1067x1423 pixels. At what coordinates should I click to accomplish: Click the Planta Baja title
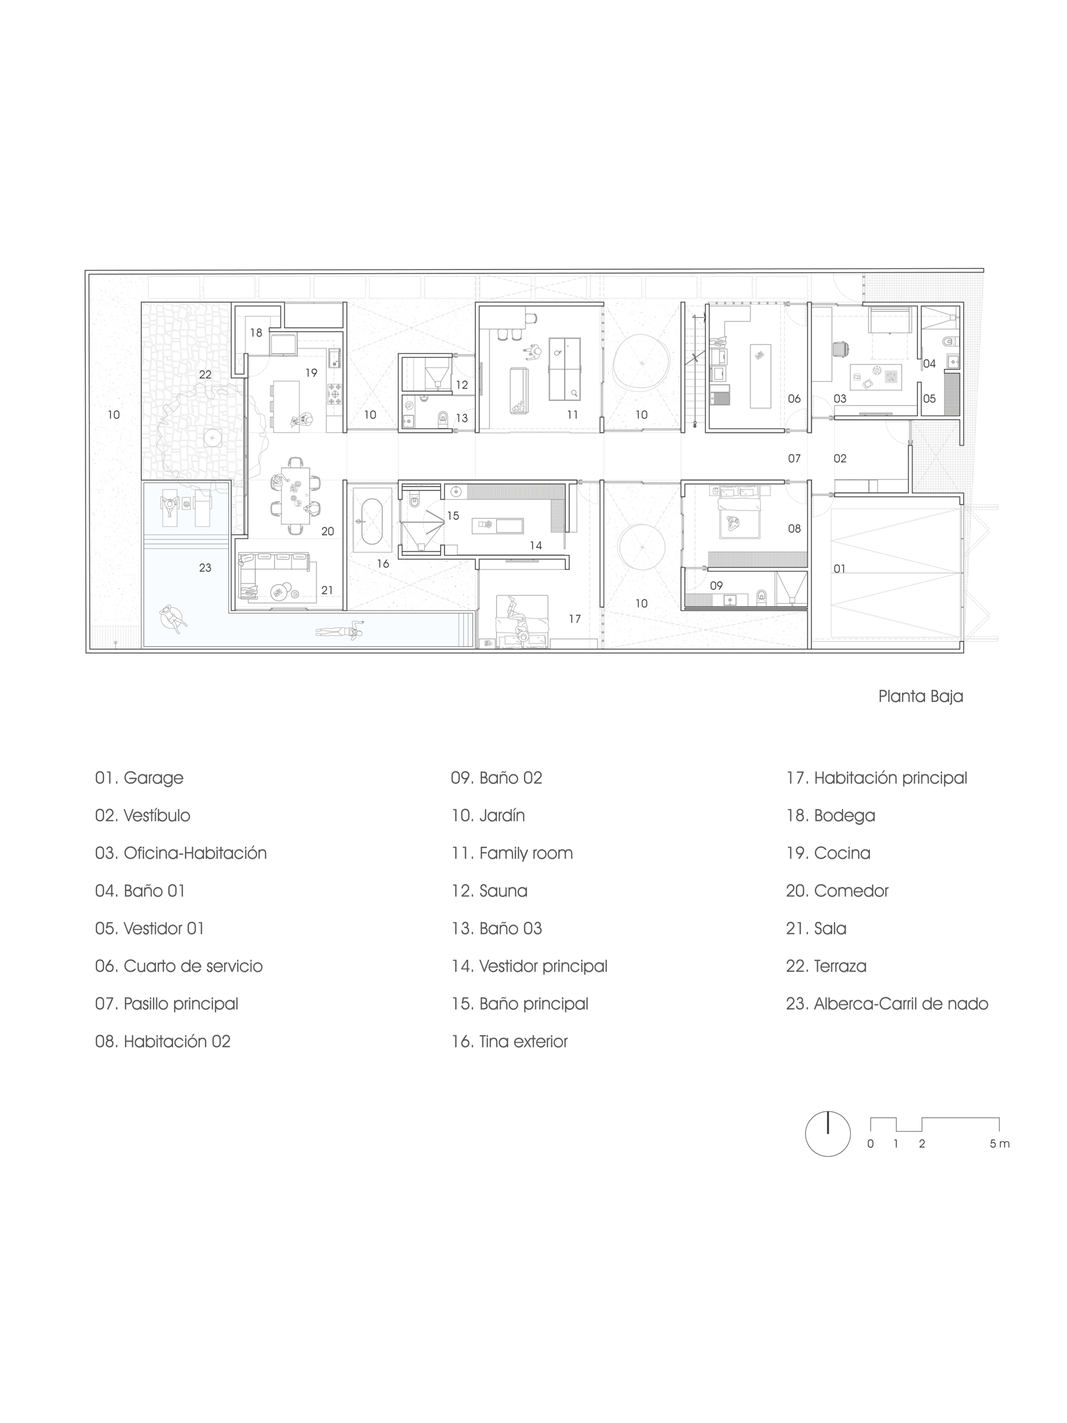tap(920, 696)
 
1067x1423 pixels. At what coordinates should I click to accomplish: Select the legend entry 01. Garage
tap(139, 778)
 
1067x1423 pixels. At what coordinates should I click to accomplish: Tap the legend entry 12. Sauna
tap(489, 891)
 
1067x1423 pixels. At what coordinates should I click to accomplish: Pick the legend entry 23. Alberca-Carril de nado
tap(887, 1003)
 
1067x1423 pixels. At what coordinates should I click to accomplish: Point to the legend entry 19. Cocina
tap(827, 853)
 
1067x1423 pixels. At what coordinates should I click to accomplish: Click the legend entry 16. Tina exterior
tap(510, 1042)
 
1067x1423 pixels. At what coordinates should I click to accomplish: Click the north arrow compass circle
tap(827, 1133)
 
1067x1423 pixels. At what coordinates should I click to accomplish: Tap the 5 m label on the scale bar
tap(999, 1144)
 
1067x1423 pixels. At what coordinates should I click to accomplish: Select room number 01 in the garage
tap(839, 569)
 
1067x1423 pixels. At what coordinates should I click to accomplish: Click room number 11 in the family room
tap(572, 415)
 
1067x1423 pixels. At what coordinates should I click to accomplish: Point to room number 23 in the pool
tap(205, 568)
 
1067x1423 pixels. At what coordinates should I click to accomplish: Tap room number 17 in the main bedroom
tap(574, 619)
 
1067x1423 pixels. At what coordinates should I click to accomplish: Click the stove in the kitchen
tap(336, 394)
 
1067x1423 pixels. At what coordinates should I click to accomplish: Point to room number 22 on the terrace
tap(205, 375)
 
